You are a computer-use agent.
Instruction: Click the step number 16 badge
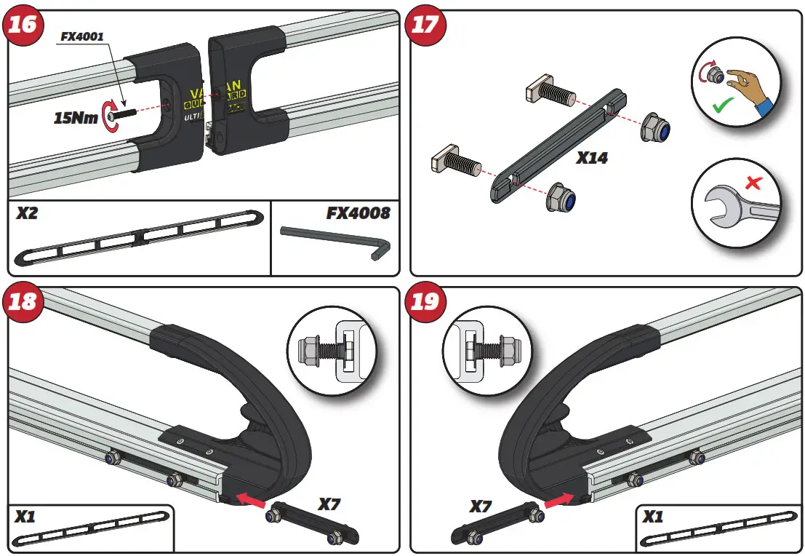pyautogui.click(x=23, y=24)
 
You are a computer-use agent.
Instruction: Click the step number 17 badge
pyautogui.click(x=425, y=24)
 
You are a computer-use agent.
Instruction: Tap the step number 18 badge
pyautogui.click(x=23, y=301)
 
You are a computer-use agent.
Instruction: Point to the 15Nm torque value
pyautogui.click(x=76, y=116)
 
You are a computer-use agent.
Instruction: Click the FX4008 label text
pyautogui.click(x=358, y=213)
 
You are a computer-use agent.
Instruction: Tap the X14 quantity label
pyautogui.click(x=591, y=157)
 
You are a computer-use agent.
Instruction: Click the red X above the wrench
pyautogui.click(x=753, y=182)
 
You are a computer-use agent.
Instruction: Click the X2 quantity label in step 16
pyautogui.click(x=28, y=213)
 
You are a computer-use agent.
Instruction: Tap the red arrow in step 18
pyautogui.click(x=249, y=499)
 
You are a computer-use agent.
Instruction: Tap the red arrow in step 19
pyautogui.click(x=558, y=500)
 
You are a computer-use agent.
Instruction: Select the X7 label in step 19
pyautogui.click(x=481, y=506)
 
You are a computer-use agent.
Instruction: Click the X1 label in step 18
pyautogui.click(x=25, y=517)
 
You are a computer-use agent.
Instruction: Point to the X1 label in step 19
pyautogui.click(x=652, y=517)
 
